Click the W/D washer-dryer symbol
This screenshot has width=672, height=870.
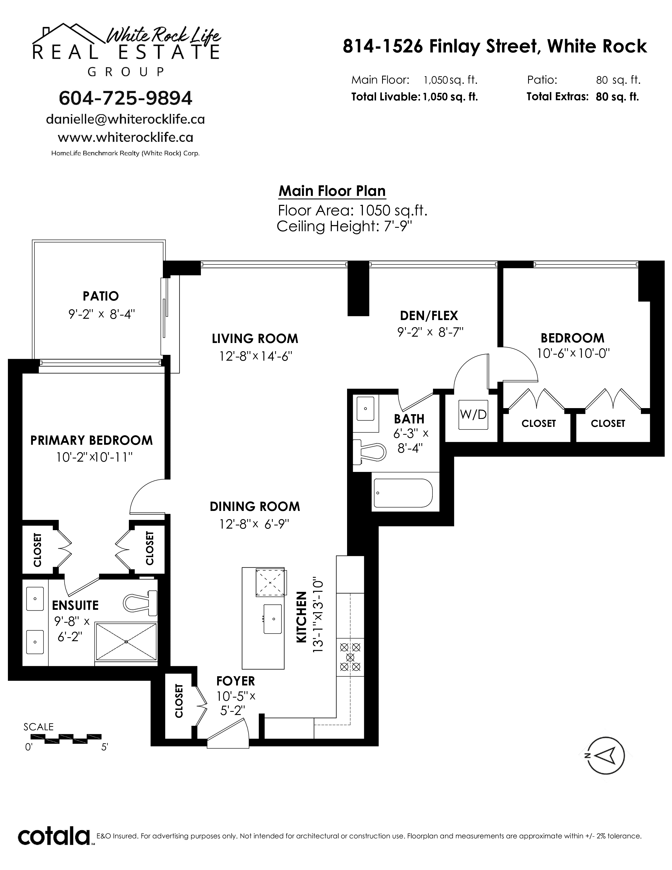(473, 415)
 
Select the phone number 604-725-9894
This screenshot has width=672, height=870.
(125, 98)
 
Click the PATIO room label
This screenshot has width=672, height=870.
(101, 296)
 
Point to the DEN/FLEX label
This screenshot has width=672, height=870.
(429, 316)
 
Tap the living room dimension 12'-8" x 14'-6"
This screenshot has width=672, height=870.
(256, 356)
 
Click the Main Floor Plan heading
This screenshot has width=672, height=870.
(332, 191)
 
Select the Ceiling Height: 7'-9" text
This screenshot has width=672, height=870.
(344, 227)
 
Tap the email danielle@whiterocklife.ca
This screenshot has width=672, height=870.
(125, 119)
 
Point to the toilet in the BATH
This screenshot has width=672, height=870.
(370, 452)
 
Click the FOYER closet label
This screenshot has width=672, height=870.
(179, 700)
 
